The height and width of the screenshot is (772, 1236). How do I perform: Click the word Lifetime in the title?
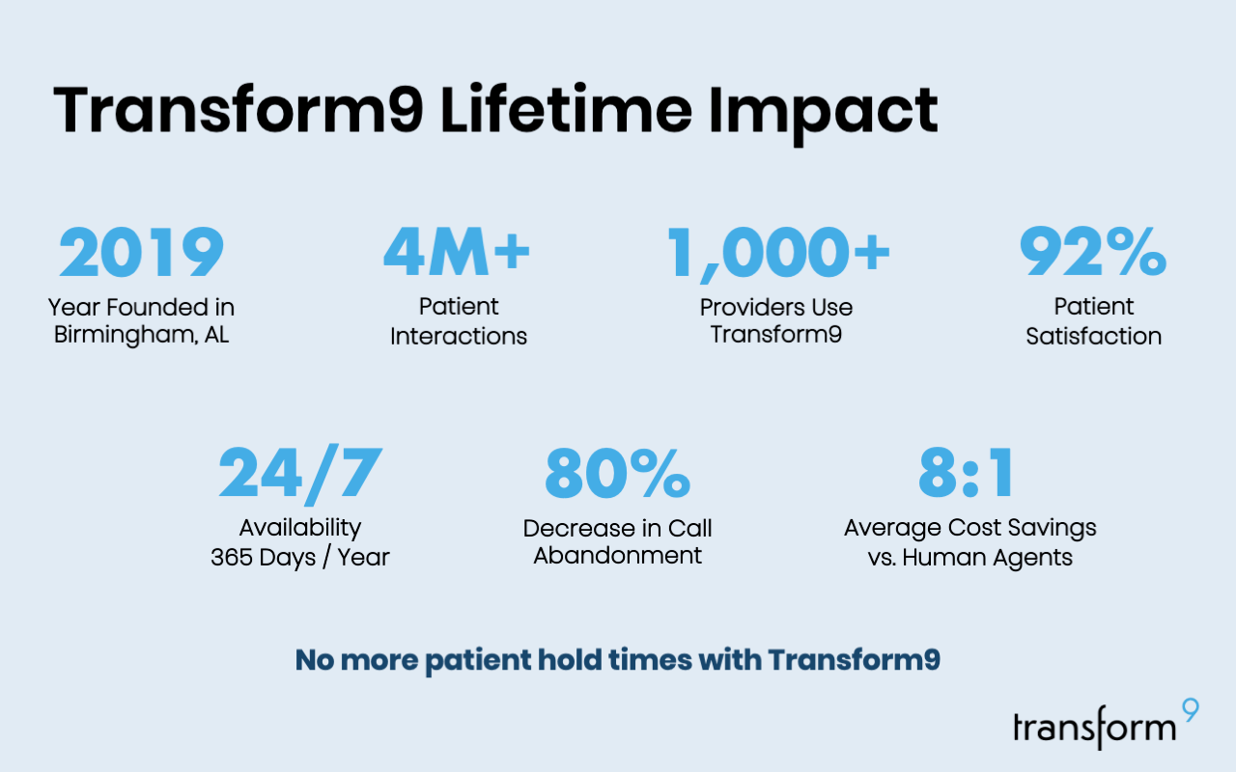point(566,109)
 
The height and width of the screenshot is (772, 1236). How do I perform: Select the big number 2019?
point(141,252)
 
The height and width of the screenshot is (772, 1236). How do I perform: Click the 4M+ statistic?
point(457,252)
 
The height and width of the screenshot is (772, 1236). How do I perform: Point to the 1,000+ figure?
point(778,254)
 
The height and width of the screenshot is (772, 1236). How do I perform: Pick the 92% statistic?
point(1092,252)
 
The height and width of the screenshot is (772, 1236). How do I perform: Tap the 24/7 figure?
point(300,475)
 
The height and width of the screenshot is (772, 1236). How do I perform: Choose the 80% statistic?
point(617,473)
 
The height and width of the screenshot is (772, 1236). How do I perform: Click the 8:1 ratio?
point(966,473)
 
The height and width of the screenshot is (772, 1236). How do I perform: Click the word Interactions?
point(459,336)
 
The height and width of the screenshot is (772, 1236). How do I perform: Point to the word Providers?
point(748,307)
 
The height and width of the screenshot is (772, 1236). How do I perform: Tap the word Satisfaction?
point(1094,336)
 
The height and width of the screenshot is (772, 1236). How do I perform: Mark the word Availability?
point(300,529)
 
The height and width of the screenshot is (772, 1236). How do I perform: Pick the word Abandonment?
point(617,555)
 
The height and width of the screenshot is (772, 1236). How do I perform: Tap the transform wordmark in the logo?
point(1095,728)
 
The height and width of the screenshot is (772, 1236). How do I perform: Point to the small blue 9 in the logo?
point(1191,710)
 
